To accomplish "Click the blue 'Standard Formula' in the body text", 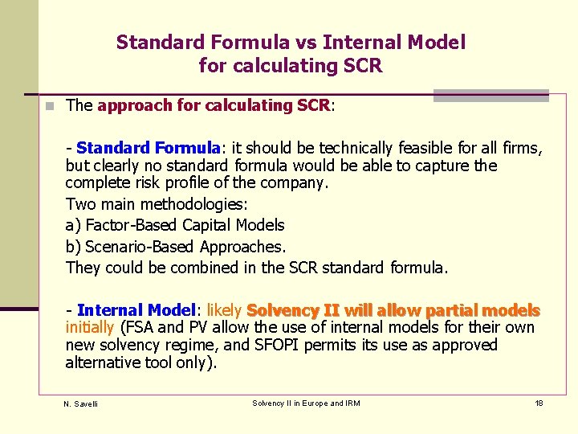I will click(149, 148).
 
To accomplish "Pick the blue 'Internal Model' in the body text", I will click(136, 310).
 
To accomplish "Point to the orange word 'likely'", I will click(225, 310).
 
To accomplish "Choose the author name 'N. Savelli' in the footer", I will click(80, 403).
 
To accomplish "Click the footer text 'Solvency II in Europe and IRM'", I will click(306, 403).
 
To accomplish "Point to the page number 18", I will click(539, 403).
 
